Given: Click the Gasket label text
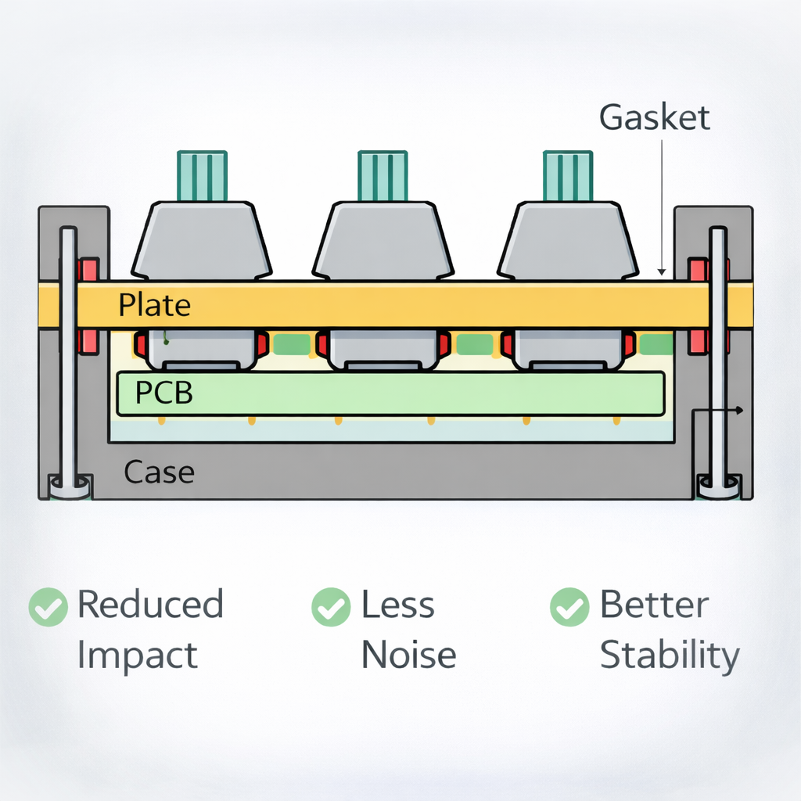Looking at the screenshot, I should pyautogui.click(x=654, y=117).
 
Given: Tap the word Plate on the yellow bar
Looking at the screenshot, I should pyautogui.click(x=154, y=305).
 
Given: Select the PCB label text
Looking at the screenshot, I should pyautogui.click(x=163, y=393).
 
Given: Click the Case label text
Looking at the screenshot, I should pyautogui.click(x=159, y=472).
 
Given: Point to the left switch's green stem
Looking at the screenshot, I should pyautogui.click(x=202, y=175).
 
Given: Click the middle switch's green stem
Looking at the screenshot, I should pyautogui.click(x=383, y=175).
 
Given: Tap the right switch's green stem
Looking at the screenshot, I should pyautogui.click(x=568, y=175).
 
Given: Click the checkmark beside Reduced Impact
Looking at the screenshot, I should pyautogui.click(x=48, y=606).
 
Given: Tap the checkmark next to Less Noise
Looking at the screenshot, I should pyautogui.click(x=330, y=606).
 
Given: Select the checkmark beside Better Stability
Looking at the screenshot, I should pyautogui.click(x=569, y=606).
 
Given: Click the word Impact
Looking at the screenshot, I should pyautogui.click(x=137, y=656).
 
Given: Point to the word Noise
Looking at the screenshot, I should pyautogui.click(x=408, y=656).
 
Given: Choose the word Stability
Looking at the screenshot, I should pyautogui.click(x=669, y=656).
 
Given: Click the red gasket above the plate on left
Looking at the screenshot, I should pyautogui.click(x=88, y=270).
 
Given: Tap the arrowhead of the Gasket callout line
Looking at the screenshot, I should pyautogui.click(x=662, y=271).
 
